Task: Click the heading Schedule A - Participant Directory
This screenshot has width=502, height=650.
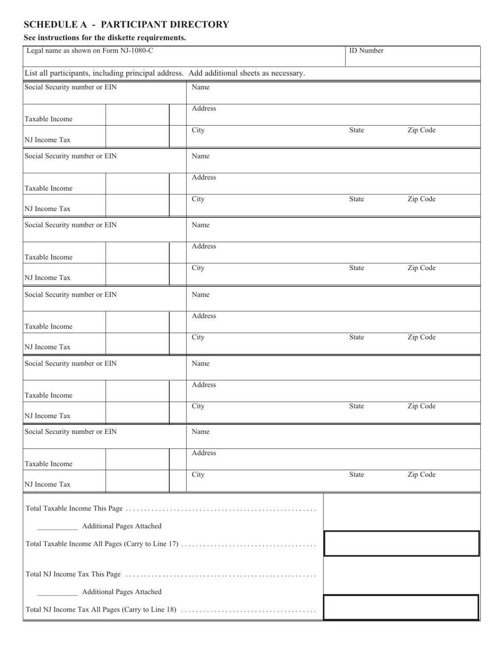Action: coord(126,24)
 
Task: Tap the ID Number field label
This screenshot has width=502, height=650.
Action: coord(366,51)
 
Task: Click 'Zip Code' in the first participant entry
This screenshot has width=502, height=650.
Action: coord(421,130)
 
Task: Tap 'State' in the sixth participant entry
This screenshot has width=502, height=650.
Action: coord(357,475)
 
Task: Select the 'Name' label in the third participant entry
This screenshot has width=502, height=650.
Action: coord(200,225)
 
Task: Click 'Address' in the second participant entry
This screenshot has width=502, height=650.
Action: coord(203,178)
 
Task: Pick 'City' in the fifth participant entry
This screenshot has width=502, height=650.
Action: coord(198,406)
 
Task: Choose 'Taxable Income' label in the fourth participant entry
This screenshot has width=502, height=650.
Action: coord(49,327)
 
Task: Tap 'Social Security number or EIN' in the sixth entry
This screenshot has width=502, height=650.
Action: coord(71,432)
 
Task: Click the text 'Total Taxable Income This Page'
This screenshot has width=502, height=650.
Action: coord(74,508)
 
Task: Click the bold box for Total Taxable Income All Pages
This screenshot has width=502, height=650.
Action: coord(401,544)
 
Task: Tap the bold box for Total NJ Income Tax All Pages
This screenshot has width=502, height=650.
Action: coord(401,608)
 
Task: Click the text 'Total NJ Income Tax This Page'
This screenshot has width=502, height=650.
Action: coord(73,574)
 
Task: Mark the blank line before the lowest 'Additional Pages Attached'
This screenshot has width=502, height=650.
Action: coord(58,593)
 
